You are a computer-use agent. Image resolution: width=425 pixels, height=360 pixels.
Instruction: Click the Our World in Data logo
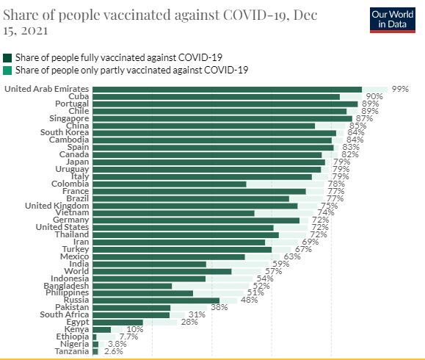[x=388, y=19]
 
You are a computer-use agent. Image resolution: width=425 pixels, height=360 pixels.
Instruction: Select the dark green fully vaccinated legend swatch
[x=7, y=57]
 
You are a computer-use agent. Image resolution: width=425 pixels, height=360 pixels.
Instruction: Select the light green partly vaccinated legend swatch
[x=7, y=70]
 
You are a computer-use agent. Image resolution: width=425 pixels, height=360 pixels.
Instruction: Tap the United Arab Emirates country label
[x=47, y=89]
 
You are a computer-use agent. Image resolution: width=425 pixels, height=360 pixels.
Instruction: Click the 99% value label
[x=399, y=88]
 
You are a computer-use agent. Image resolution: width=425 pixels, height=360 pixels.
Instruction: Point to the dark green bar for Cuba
[x=216, y=96]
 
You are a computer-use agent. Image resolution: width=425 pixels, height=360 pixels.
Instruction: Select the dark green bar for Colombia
[x=169, y=184]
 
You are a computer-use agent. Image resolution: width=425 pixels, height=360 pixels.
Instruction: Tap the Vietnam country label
[x=72, y=213]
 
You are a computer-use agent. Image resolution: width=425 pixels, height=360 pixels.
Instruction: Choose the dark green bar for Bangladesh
[x=132, y=286]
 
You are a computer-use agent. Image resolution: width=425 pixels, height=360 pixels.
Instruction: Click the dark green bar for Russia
[x=156, y=300]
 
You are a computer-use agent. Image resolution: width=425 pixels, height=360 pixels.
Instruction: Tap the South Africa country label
[x=65, y=314]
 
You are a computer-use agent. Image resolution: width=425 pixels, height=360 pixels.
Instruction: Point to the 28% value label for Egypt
[x=189, y=323]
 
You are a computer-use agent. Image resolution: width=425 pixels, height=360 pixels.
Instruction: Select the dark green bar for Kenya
[x=101, y=330]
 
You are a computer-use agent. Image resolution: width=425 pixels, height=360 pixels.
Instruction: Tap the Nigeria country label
[x=73, y=344]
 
